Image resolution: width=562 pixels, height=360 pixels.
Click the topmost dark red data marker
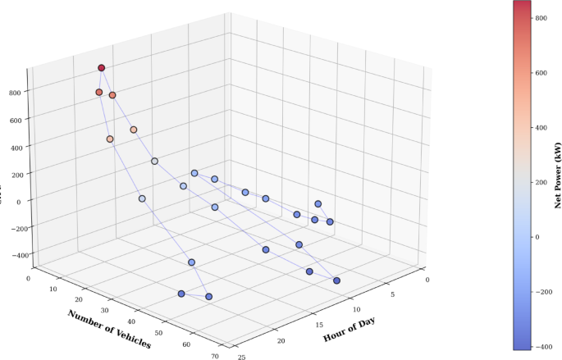click(x=102, y=68)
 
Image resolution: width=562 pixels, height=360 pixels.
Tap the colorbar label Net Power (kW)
click(x=556, y=175)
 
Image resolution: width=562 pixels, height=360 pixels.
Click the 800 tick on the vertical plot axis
click(x=15, y=93)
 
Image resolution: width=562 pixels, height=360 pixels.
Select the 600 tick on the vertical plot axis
click(x=15, y=120)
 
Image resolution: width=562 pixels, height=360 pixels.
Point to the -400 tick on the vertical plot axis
click(x=11, y=255)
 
